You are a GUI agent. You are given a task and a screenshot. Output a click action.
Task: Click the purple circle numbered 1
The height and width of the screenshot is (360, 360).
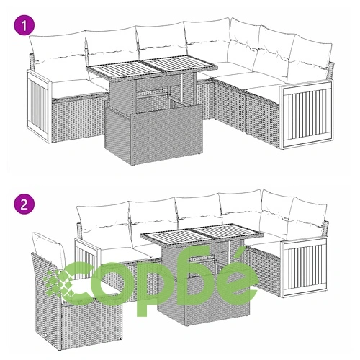tap(24, 26)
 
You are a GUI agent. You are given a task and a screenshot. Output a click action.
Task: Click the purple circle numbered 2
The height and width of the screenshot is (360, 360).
tap(24, 204)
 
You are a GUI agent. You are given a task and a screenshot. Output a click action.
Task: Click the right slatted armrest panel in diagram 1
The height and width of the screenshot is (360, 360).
tap(306, 114)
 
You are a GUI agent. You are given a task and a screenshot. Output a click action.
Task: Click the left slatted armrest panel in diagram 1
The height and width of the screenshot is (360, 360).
tap(39, 107)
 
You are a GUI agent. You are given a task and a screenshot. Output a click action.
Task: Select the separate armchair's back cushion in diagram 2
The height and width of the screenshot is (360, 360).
tap(49, 250)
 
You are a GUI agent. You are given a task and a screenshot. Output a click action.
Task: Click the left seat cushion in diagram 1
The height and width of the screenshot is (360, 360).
tap(79, 88)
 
